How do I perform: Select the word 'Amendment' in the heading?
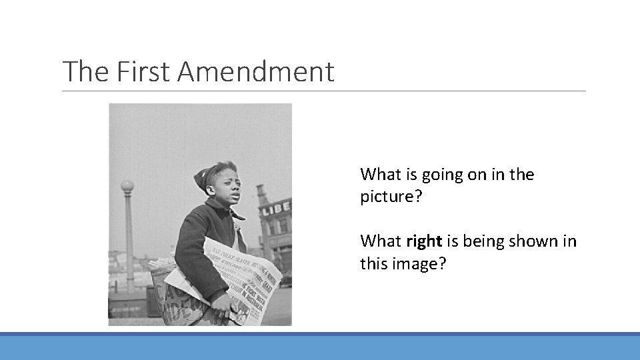pos(255,71)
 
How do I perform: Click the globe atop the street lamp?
pos(127,186)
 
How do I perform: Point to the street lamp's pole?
pos(129,233)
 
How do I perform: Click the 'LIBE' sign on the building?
pos(275,208)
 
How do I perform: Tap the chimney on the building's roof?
pos(262,193)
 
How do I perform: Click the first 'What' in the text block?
pos(380,175)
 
